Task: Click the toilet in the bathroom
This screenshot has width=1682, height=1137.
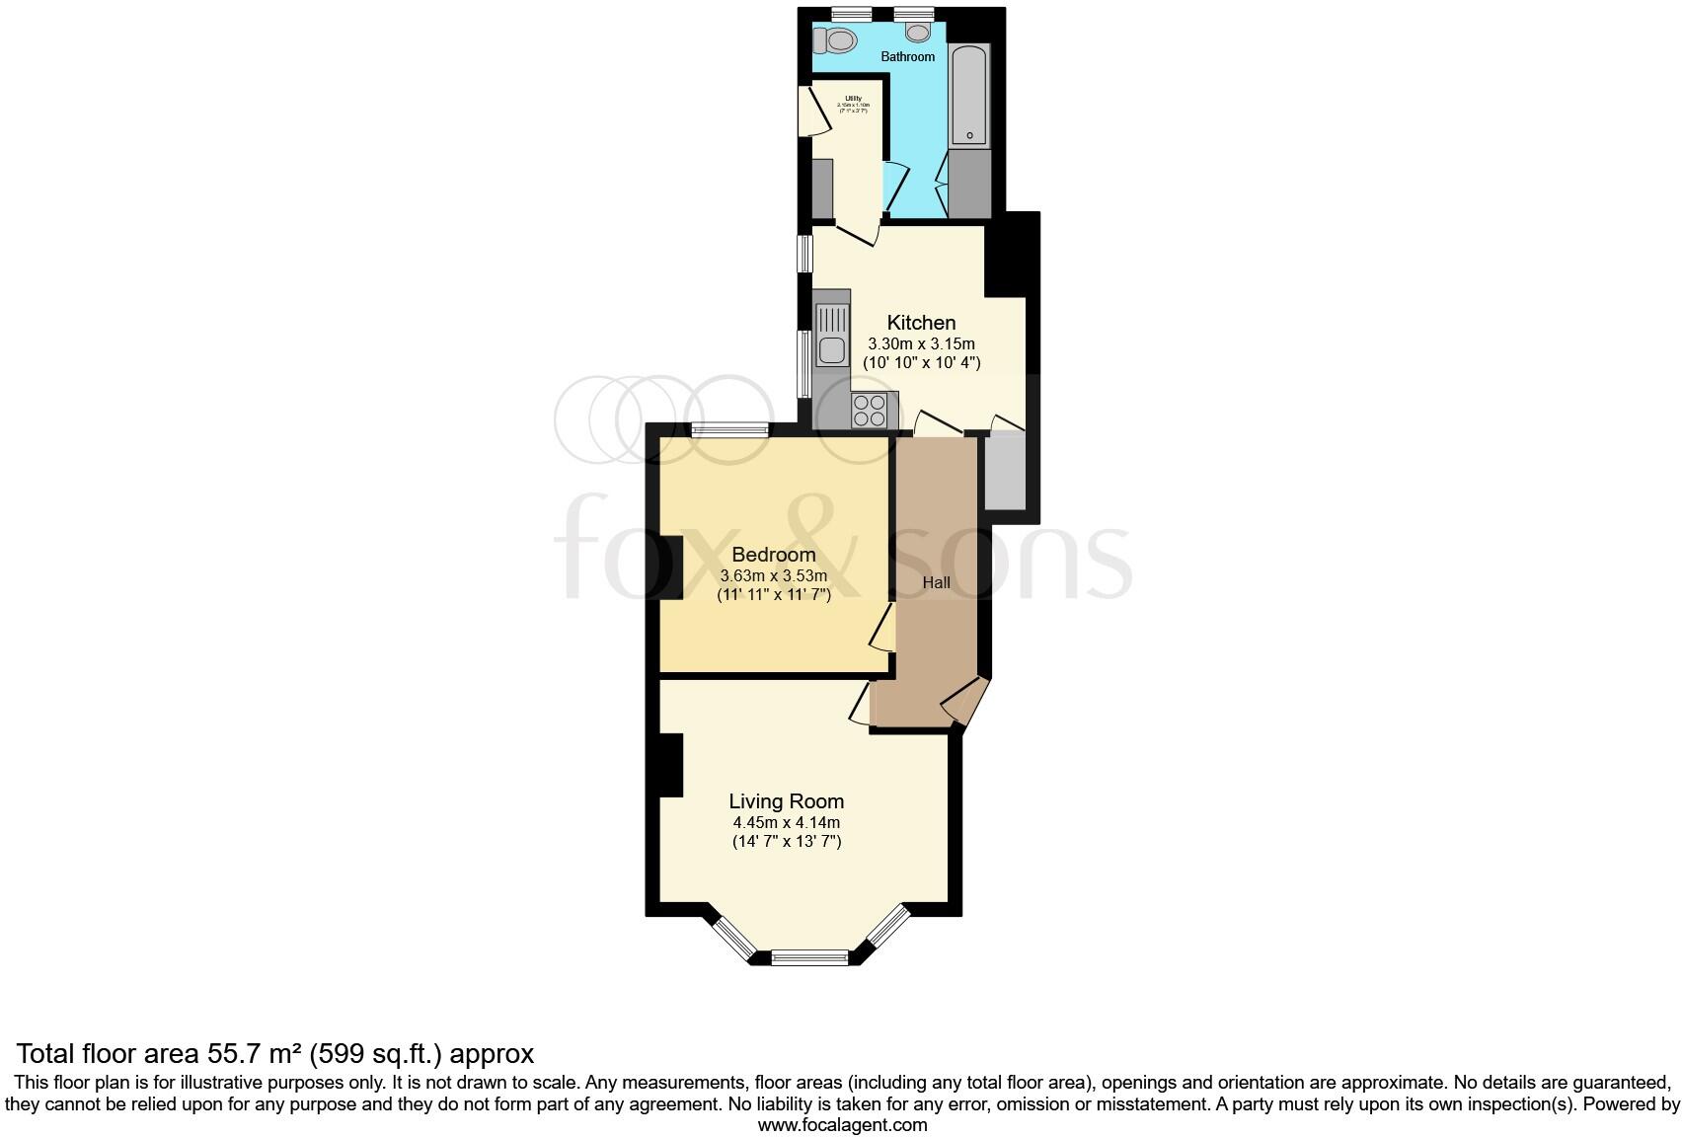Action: coord(838,40)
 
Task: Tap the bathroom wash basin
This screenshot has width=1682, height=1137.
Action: coord(918,33)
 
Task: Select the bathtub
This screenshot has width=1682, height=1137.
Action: coord(969,95)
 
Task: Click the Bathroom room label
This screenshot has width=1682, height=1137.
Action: coord(908,57)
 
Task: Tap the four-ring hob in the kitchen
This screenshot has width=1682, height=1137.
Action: coord(869,411)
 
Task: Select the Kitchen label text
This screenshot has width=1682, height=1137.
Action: coord(921,323)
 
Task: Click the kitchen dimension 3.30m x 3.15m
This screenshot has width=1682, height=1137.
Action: coord(921,344)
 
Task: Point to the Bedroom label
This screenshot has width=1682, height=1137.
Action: coord(774,555)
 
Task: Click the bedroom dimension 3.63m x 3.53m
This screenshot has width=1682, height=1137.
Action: coord(774,576)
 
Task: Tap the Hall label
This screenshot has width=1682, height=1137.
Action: coord(936,583)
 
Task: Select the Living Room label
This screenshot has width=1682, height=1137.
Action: coord(787,801)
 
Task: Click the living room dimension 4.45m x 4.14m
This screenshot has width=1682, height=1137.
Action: coord(787,822)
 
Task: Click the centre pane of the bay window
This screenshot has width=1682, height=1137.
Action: coord(810,956)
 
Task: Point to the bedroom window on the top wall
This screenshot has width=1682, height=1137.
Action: coord(730,429)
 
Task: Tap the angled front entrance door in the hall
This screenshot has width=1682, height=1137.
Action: coord(962,704)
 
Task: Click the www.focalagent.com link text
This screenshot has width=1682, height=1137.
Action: coord(842,1125)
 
